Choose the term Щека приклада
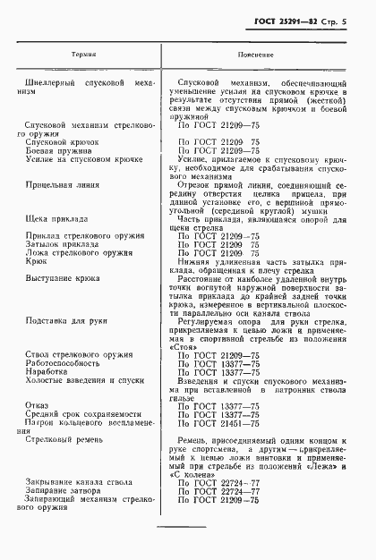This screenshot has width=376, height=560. pyautogui.click(x=57, y=219)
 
